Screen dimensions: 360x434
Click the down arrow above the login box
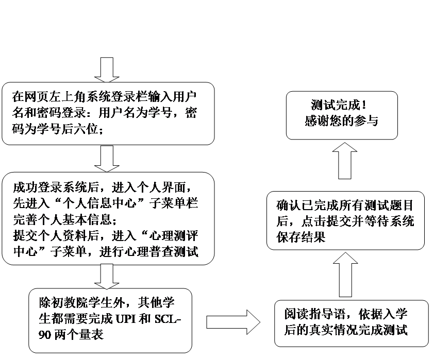click(x=107, y=69)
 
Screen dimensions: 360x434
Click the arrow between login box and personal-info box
click(x=107, y=158)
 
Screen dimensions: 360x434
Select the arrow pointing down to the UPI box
click(x=107, y=276)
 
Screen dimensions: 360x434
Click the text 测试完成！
click(x=341, y=106)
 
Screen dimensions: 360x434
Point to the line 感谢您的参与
click(x=341, y=122)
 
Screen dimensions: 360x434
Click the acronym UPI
click(x=121, y=319)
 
